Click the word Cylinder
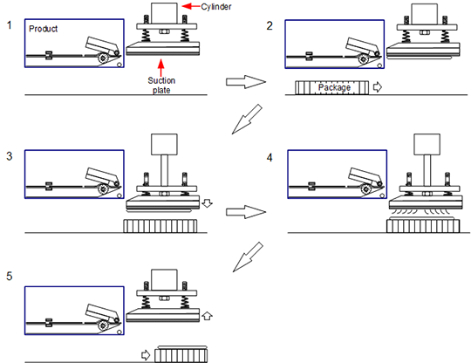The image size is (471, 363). pyautogui.click(x=216, y=7)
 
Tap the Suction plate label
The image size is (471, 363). pyautogui.click(x=161, y=86)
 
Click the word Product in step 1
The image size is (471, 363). pyautogui.click(x=43, y=29)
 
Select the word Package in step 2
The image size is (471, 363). pyautogui.click(x=334, y=87)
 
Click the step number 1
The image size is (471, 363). pyautogui.click(x=10, y=25)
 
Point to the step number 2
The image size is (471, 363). pyautogui.click(x=270, y=26)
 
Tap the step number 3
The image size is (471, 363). pyautogui.click(x=10, y=156)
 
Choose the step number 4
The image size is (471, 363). pyautogui.click(x=270, y=157)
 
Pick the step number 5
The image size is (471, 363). pyautogui.click(x=10, y=276)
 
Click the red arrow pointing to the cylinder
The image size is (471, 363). pyautogui.click(x=191, y=6)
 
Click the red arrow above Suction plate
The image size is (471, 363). pyautogui.click(x=161, y=67)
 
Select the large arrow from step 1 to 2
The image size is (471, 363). pyautogui.click(x=246, y=82)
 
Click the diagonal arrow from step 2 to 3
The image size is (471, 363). pyautogui.click(x=247, y=120)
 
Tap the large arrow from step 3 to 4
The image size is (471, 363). pyautogui.click(x=246, y=212)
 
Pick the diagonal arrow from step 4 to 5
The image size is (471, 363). pyautogui.click(x=248, y=257)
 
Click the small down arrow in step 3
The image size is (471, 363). pyautogui.click(x=207, y=202)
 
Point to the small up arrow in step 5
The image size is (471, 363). pyautogui.click(x=207, y=316)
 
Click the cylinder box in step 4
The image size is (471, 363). pyautogui.click(x=427, y=145)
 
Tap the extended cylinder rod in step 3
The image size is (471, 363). pyautogui.click(x=164, y=170)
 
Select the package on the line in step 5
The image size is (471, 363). pyautogui.click(x=181, y=356)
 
